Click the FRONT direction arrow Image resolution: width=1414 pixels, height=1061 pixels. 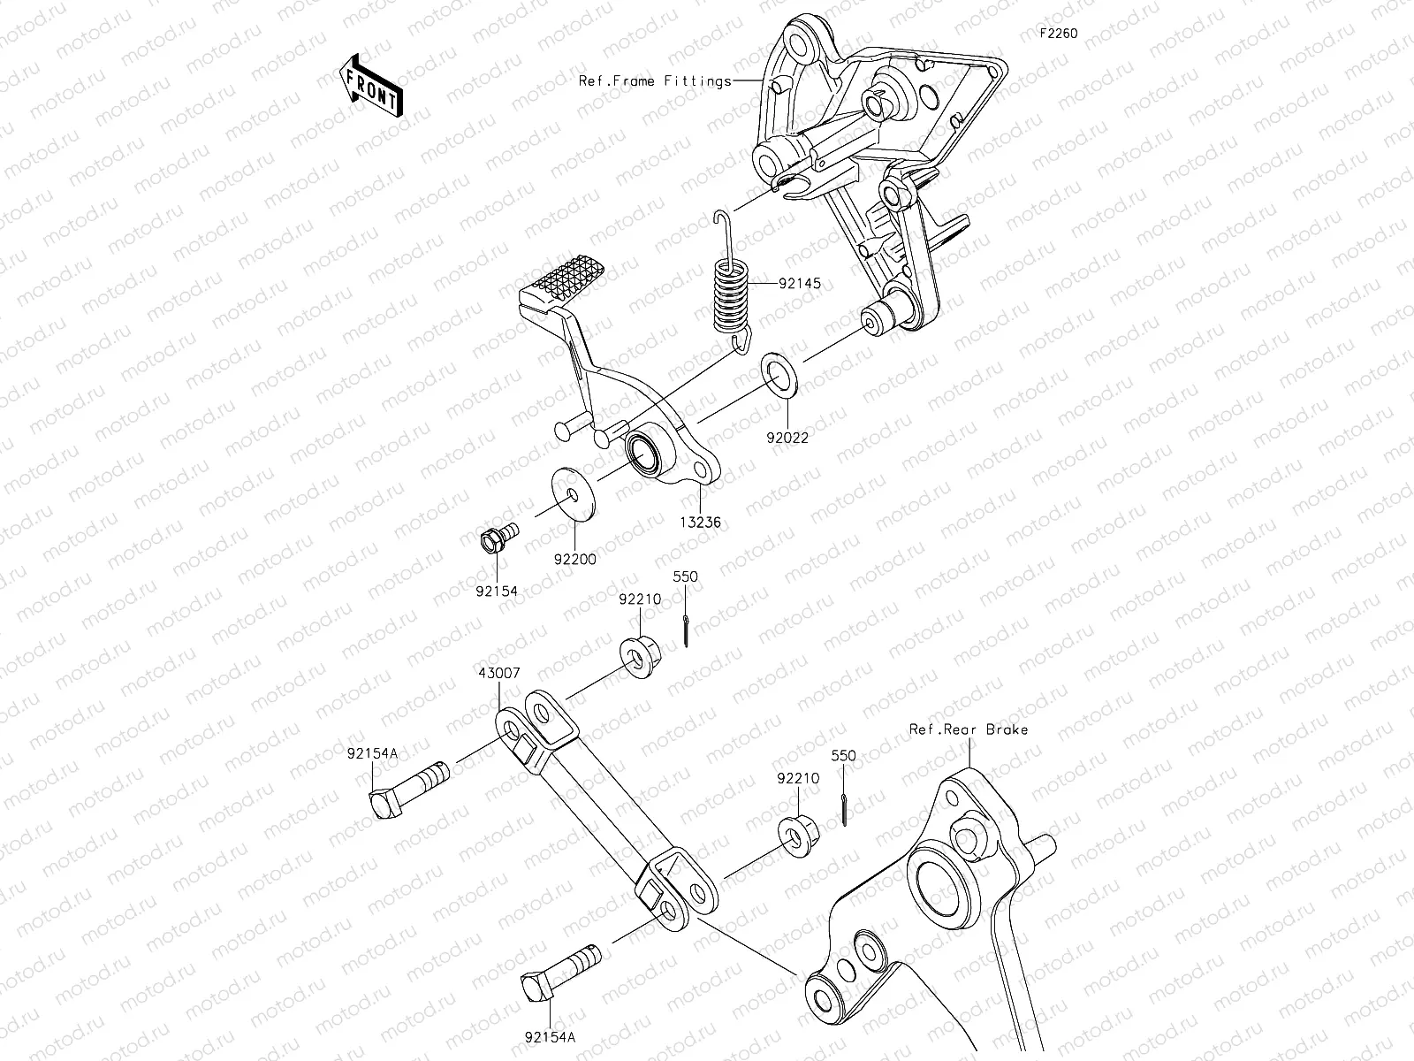pyautogui.click(x=370, y=85)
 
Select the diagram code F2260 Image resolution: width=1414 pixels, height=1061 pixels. pyautogui.click(x=1058, y=34)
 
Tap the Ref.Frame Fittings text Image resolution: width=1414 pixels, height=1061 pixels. pyautogui.click(x=655, y=80)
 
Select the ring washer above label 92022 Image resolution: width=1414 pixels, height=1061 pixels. pyautogui.click(x=780, y=375)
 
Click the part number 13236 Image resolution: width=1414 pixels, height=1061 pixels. pyautogui.click(x=700, y=523)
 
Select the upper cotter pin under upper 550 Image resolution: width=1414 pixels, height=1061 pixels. pyautogui.click(x=687, y=630)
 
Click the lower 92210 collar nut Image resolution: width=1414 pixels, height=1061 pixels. pyautogui.click(x=799, y=834)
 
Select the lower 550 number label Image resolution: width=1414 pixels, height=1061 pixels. pyautogui.click(x=843, y=757)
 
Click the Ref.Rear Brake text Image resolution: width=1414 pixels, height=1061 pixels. pyautogui.click(x=969, y=729)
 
